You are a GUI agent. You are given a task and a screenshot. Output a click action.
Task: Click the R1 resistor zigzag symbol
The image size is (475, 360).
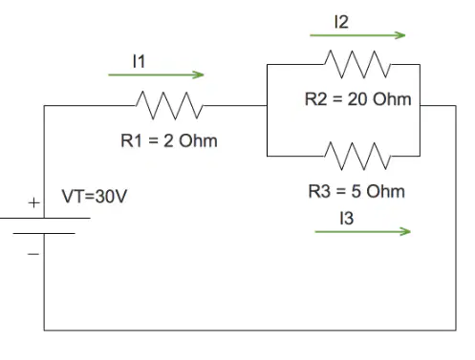[x=169, y=105]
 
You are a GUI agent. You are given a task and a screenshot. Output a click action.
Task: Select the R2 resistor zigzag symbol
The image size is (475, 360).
[x=357, y=64]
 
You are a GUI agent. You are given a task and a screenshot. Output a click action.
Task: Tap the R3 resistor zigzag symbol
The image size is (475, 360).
[x=357, y=156]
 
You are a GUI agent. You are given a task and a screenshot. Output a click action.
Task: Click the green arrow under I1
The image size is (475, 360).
[x=156, y=74]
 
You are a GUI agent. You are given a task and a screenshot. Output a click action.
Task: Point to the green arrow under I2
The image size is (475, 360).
[x=357, y=35]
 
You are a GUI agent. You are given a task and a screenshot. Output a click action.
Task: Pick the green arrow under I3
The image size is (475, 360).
[x=362, y=231]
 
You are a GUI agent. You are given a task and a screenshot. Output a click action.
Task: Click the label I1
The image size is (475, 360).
[x=139, y=61]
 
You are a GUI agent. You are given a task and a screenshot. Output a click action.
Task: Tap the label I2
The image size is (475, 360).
[x=341, y=22]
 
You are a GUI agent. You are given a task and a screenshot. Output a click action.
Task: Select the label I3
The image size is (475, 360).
[x=347, y=219]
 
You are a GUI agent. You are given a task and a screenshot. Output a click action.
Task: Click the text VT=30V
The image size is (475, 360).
[x=95, y=196]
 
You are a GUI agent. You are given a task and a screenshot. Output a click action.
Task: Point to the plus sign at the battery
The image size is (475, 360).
[x=34, y=202]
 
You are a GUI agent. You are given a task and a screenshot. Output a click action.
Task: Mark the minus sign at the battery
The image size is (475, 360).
[x=33, y=254]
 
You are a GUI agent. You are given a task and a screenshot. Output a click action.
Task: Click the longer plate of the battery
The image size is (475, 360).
[x=45, y=218]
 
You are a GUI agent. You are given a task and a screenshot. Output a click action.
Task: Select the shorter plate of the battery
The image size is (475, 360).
[x=44, y=233]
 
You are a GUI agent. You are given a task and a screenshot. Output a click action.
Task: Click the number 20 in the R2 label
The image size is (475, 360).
[x=356, y=99]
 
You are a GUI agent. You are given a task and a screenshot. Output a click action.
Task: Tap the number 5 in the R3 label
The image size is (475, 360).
[x=356, y=191]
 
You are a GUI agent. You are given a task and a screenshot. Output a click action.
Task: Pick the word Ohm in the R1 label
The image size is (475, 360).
[x=198, y=140]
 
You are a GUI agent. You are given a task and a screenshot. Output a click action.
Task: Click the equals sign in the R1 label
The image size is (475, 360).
[x=153, y=140]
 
